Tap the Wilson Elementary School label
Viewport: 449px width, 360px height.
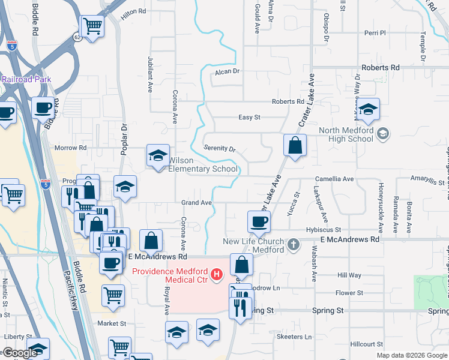click(203, 164)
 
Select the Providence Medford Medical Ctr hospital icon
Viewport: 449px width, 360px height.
click(217, 275)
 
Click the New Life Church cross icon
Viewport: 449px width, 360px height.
click(293, 244)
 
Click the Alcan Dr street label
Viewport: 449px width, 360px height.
click(228, 71)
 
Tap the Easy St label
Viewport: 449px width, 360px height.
click(249, 118)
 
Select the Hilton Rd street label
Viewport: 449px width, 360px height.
click(133, 11)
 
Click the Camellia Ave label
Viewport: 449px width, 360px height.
click(335, 179)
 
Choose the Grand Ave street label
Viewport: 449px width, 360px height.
click(197, 203)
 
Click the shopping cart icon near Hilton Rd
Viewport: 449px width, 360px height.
click(92, 26)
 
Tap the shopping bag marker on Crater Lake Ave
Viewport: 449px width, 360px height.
click(295, 145)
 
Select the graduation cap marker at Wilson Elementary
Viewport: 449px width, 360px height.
click(158, 156)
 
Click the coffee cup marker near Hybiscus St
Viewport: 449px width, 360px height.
click(259, 221)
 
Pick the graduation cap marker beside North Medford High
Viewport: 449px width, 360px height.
click(369, 109)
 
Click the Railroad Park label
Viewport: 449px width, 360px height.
click(26, 79)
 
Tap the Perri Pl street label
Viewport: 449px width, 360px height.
click(374, 33)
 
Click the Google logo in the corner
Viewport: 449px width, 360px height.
click(20, 353)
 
